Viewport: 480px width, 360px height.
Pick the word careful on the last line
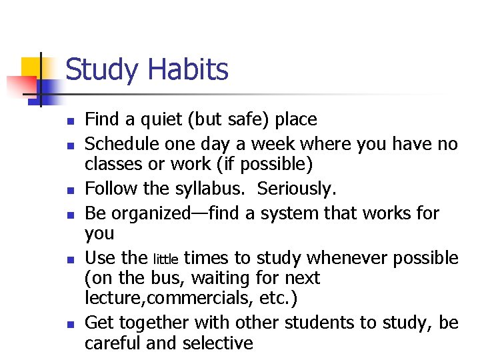pos(111,343)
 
